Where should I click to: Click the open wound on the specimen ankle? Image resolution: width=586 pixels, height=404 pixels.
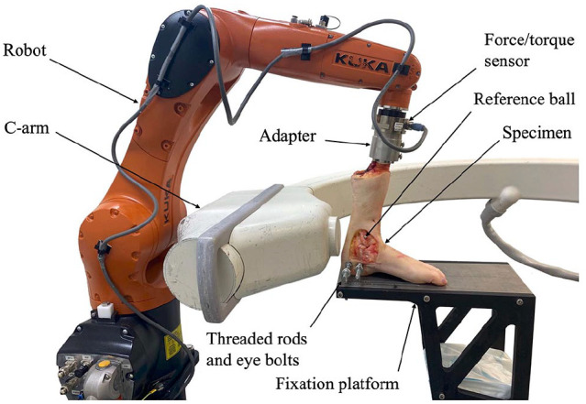click(x=365, y=244)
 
